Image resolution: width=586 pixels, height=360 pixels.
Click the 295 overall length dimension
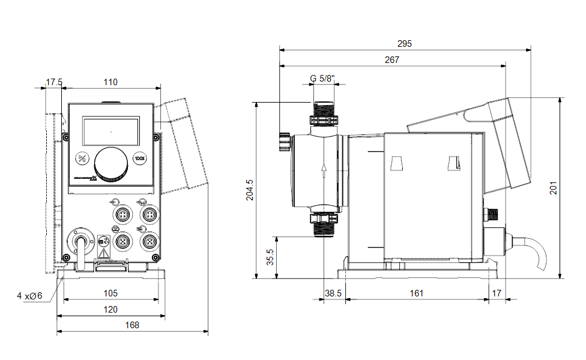click(x=405, y=44)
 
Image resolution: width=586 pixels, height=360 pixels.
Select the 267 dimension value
click(x=392, y=60)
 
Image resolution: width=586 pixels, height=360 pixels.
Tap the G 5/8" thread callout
click(x=324, y=79)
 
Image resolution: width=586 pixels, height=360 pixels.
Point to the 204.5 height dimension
click(x=250, y=190)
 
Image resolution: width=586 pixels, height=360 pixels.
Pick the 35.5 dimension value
click(x=271, y=257)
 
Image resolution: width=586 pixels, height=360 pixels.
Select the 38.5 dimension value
click(x=333, y=293)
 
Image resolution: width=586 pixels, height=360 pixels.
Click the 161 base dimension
click(x=417, y=293)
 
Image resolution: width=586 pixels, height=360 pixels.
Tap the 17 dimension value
click(x=496, y=293)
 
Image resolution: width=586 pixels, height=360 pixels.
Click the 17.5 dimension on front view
click(x=54, y=82)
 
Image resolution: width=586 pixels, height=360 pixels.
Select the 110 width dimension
click(x=110, y=82)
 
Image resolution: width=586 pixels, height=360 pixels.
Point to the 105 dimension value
click(x=110, y=293)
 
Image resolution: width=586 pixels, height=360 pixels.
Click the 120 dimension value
click(x=110, y=309)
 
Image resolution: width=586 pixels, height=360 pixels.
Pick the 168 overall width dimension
click(x=132, y=325)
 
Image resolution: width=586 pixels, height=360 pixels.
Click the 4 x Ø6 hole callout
click(x=29, y=295)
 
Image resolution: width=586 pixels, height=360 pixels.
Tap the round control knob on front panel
click(x=112, y=163)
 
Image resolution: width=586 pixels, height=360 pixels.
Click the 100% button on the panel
click(x=140, y=159)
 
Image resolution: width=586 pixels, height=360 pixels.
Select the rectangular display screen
click(x=110, y=130)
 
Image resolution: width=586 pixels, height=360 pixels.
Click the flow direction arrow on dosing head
click(x=324, y=170)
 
